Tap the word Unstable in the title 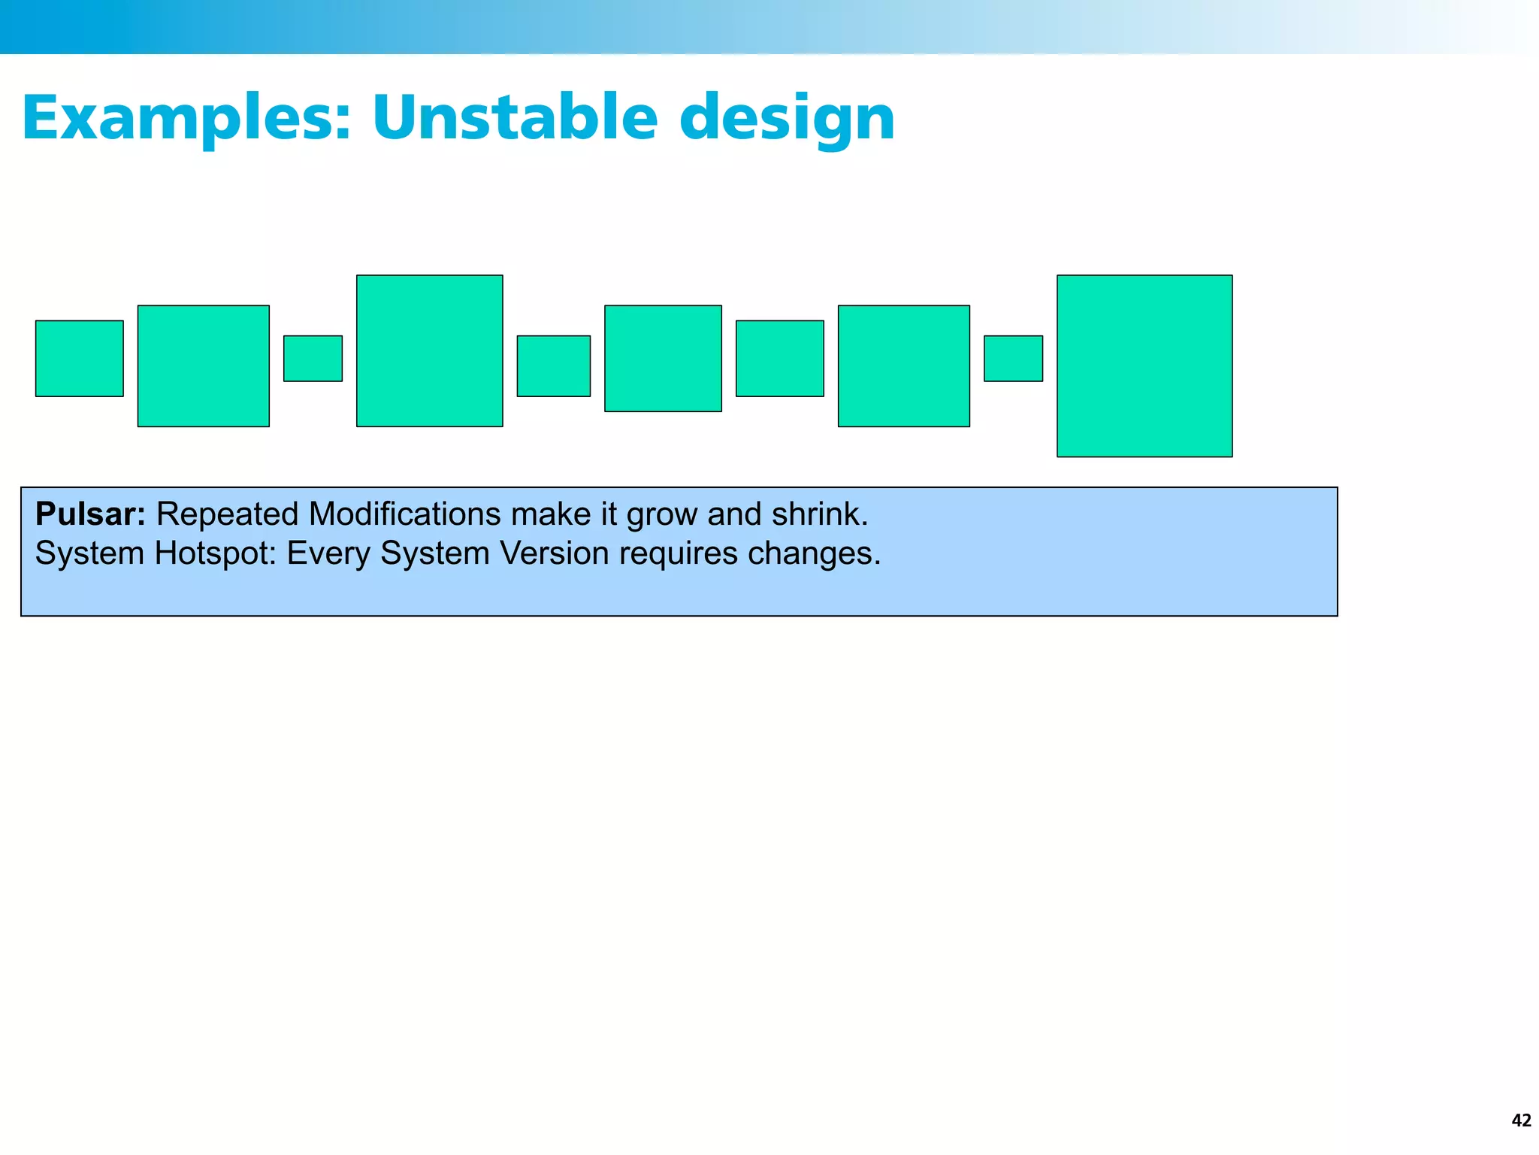(x=515, y=118)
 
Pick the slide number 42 (x=1521, y=1120)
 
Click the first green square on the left (x=80, y=359)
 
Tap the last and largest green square (x=1144, y=366)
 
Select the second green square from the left (x=204, y=366)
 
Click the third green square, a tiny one (x=313, y=359)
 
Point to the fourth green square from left (x=430, y=351)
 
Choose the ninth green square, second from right (x=1013, y=359)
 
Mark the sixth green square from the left (x=663, y=359)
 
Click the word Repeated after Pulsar (x=227, y=514)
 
